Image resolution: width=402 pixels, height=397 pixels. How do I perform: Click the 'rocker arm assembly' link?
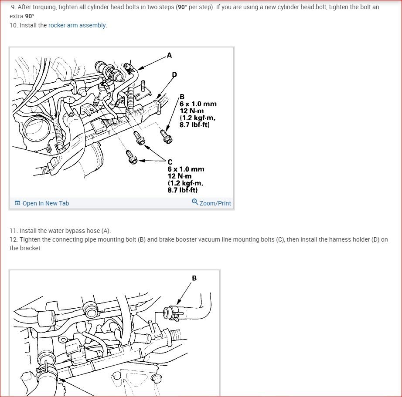pyautogui.click(x=77, y=25)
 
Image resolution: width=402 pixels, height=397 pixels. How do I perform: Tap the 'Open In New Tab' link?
pyautogui.click(x=46, y=203)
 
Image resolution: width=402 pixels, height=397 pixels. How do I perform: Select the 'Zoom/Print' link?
pyautogui.click(x=215, y=203)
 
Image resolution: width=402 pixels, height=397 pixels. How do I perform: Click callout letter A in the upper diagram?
pyautogui.click(x=169, y=55)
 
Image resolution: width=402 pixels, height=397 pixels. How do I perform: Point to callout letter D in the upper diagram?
pyautogui.click(x=174, y=74)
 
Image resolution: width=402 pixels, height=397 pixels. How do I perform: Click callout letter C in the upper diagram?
pyautogui.click(x=170, y=162)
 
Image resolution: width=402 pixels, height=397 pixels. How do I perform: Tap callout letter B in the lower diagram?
pyautogui.click(x=194, y=278)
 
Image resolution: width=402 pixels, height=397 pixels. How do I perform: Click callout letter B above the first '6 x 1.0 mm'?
pyautogui.click(x=182, y=97)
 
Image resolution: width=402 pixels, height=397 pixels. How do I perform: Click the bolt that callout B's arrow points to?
pyautogui.click(x=166, y=136)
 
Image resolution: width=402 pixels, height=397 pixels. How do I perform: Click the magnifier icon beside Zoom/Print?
pyautogui.click(x=195, y=202)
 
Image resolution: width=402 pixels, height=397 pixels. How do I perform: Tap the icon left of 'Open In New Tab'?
pyautogui.click(x=17, y=203)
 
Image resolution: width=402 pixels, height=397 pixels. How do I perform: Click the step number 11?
pyautogui.click(x=14, y=231)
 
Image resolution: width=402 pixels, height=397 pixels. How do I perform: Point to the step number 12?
pyautogui.click(x=14, y=239)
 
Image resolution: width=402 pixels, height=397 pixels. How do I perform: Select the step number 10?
pyautogui.click(x=14, y=25)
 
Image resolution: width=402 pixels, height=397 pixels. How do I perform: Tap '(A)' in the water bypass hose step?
pyautogui.click(x=106, y=231)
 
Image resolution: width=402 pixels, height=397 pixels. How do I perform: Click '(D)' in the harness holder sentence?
pyautogui.click(x=375, y=239)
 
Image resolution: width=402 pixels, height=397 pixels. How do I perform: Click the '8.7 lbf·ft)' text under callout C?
pyautogui.click(x=183, y=190)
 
